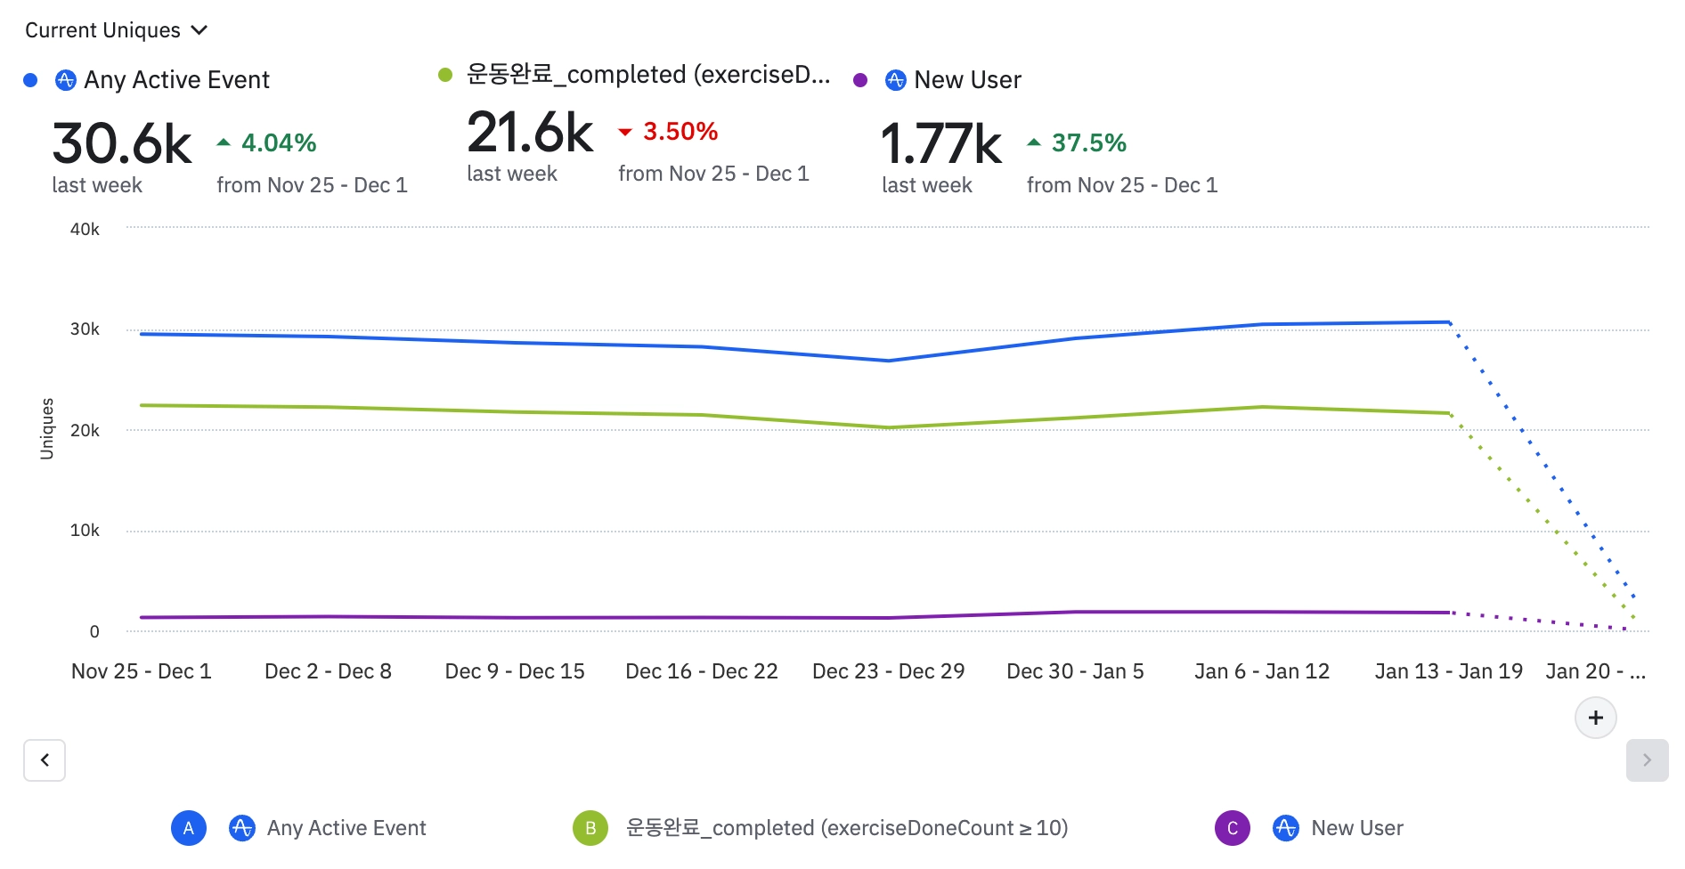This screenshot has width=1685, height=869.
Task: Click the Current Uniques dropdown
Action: point(116,30)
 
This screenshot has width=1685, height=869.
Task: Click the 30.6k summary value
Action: point(122,144)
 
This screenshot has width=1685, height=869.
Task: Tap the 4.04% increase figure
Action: point(278,142)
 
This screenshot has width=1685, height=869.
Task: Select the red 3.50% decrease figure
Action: point(680,132)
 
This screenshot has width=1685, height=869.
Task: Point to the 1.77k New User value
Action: point(941,144)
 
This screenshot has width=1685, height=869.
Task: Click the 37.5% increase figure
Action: point(1088,142)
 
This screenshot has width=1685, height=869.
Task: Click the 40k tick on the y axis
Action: point(85,230)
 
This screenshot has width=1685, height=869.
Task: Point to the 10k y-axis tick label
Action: point(85,531)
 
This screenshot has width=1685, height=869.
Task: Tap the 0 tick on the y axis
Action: point(94,632)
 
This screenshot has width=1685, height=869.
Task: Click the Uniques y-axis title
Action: point(47,428)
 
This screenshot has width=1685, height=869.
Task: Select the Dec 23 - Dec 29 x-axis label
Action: point(888,671)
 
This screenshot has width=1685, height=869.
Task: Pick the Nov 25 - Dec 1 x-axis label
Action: point(142,671)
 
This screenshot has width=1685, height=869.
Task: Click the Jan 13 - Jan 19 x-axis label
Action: point(1448,671)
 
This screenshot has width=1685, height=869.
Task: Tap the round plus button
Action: point(1595,718)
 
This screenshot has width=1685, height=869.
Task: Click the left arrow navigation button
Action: point(45,760)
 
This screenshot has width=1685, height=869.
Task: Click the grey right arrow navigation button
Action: point(1647,760)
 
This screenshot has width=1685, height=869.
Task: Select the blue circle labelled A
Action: point(189,828)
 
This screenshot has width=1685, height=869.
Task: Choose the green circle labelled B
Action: point(590,828)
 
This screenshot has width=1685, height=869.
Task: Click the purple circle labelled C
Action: point(1233,828)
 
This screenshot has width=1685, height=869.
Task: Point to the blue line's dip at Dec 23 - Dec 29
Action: point(888,361)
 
